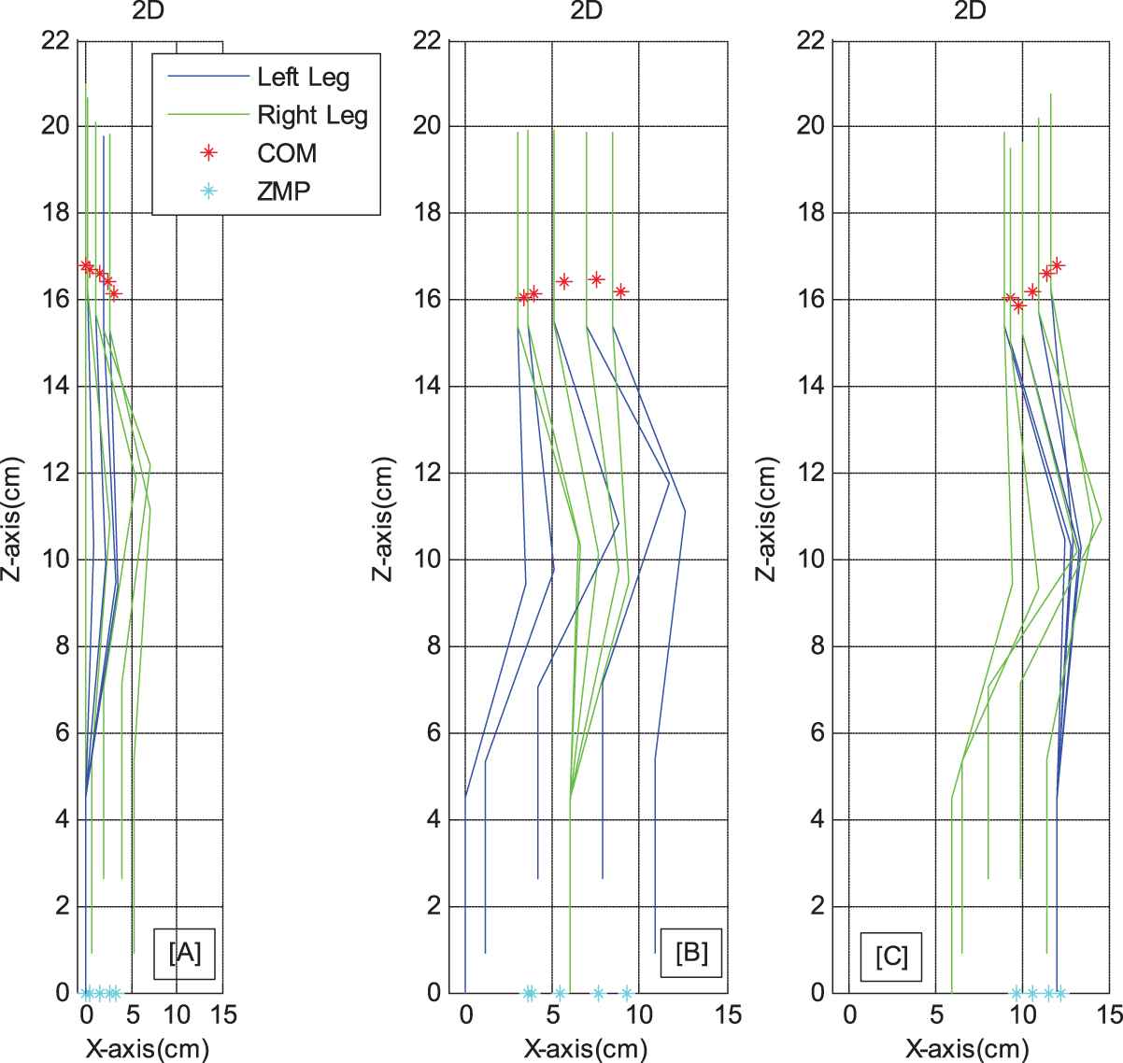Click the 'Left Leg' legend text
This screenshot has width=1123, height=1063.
tap(304, 78)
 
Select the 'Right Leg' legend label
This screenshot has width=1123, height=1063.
tap(312, 116)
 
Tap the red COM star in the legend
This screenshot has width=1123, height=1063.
tap(209, 153)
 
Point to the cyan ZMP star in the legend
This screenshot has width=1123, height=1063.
tap(209, 191)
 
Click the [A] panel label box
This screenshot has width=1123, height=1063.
tap(184, 954)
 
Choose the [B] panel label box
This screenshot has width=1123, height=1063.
tap(691, 953)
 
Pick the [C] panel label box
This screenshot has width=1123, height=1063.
tap(891, 957)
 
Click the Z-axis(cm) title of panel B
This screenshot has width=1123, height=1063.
tap(383, 518)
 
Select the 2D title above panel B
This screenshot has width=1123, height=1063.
tap(587, 10)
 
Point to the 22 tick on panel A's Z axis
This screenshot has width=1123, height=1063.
tap(55, 40)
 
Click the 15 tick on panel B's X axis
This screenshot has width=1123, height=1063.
tap(728, 1014)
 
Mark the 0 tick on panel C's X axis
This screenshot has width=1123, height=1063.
tap(849, 1014)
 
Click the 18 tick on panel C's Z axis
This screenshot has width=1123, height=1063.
tap(811, 213)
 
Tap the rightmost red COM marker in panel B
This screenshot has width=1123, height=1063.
tap(621, 291)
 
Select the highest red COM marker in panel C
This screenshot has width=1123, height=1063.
tap(1057, 265)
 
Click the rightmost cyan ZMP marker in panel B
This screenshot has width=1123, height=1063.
tap(627, 993)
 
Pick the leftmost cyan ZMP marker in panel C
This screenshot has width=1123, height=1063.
tap(1016, 993)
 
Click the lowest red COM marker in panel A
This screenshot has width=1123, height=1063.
tap(114, 293)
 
